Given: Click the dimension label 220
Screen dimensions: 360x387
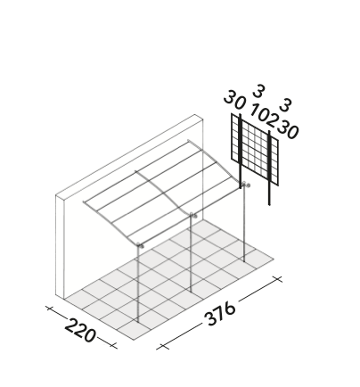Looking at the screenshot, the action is pos(80,330).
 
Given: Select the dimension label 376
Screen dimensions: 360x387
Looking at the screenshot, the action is pos(220,314).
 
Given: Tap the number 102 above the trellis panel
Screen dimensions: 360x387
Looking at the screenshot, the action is pos(264,114).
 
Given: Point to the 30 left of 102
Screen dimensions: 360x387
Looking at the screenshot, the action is pos(235,100).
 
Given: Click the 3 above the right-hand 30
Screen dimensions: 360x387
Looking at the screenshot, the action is pos(285,105).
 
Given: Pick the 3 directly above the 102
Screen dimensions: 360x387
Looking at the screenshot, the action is pos(258,91).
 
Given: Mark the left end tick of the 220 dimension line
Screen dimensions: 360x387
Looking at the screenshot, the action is pos(49,309).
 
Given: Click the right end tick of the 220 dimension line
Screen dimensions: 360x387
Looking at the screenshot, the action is pos(113,345).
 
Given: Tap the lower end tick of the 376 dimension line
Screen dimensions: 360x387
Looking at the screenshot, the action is pos(162,347).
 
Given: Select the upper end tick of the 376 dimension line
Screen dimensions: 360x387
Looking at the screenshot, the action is pos(277,279).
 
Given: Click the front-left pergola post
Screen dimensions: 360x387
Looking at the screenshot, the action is pos(137,284).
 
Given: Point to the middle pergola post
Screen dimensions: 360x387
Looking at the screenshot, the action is pos(191,253).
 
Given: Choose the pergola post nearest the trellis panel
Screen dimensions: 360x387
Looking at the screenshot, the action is pos(244,223).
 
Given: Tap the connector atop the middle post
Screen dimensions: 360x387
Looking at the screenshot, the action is pos(192,215).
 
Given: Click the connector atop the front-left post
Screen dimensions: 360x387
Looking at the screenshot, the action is pos(140,245).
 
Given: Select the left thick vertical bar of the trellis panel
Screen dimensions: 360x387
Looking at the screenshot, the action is pos(240,151).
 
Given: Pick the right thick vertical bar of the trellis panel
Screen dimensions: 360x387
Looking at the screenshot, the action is pos(269,168).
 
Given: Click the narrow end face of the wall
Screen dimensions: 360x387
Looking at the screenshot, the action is pos(60,246).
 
